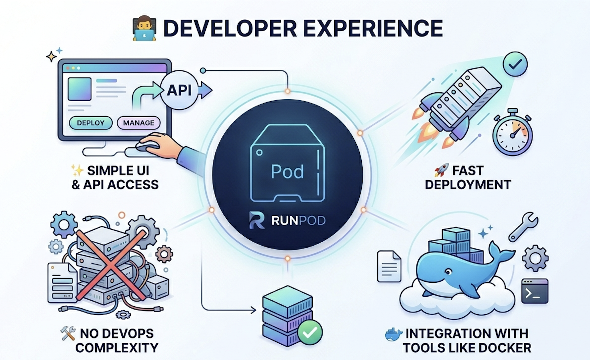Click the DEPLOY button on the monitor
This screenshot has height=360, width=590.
click(x=91, y=123)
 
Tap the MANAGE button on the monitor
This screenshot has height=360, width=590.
click(x=139, y=123)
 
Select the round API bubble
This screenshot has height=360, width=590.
click(x=179, y=90)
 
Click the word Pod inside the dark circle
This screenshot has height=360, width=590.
click(x=287, y=171)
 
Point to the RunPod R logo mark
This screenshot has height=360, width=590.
click(x=257, y=220)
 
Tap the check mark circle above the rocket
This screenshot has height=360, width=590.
click(x=515, y=64)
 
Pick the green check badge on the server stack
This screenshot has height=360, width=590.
click(x=310, y=332)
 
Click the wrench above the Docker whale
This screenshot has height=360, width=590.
click(x=523, y=227)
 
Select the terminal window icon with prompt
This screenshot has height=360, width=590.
click(x=535, y=291)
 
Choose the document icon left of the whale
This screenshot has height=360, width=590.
click(x=389, y=266)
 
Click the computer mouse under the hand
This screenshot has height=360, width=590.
click(x=147, y=146)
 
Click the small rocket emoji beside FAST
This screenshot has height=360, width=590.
click(x=441, y=170)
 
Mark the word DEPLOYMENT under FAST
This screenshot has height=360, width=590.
click(x=468, y=185)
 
